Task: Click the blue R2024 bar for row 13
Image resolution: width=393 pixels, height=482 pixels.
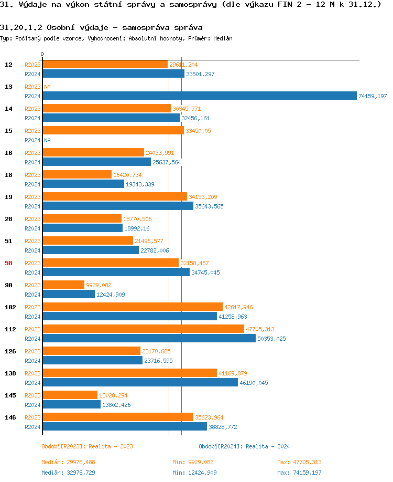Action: (199, 96)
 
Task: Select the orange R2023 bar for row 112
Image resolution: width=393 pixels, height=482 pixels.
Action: (143, 329)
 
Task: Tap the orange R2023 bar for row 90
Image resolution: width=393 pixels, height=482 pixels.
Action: (63, 285)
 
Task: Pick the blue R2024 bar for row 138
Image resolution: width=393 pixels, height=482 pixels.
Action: (140, 382)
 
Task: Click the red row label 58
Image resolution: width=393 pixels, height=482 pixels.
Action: (8, 263)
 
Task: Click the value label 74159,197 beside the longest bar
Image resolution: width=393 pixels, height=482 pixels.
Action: (373, 96)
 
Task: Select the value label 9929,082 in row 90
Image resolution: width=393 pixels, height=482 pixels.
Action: (99, 285)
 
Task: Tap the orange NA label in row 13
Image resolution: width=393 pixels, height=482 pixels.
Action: (47, 87)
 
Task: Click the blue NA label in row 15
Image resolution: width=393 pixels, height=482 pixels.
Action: (47, 140)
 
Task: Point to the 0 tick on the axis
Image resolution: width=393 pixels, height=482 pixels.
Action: (42, 54)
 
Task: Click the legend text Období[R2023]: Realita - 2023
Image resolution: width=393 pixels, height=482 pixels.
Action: (87, 446)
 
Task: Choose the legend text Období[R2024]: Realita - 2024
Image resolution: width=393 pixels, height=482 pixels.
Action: (244, 446)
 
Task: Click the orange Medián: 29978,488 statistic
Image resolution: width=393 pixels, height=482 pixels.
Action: (68, 462)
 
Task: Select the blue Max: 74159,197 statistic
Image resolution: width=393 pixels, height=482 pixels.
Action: (299, 473)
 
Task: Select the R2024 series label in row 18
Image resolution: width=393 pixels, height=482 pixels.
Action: (32, 184)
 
